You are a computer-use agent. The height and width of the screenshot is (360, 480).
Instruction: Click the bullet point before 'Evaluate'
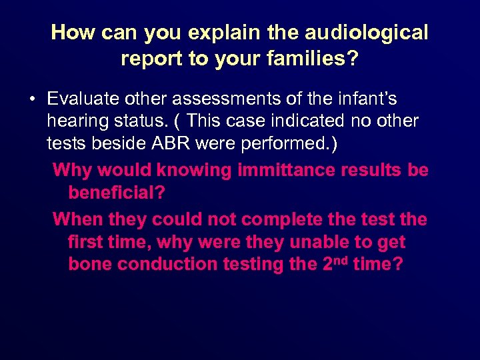pos(31,100)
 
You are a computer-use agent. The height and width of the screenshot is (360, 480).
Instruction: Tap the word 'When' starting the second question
pos(75,219)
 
